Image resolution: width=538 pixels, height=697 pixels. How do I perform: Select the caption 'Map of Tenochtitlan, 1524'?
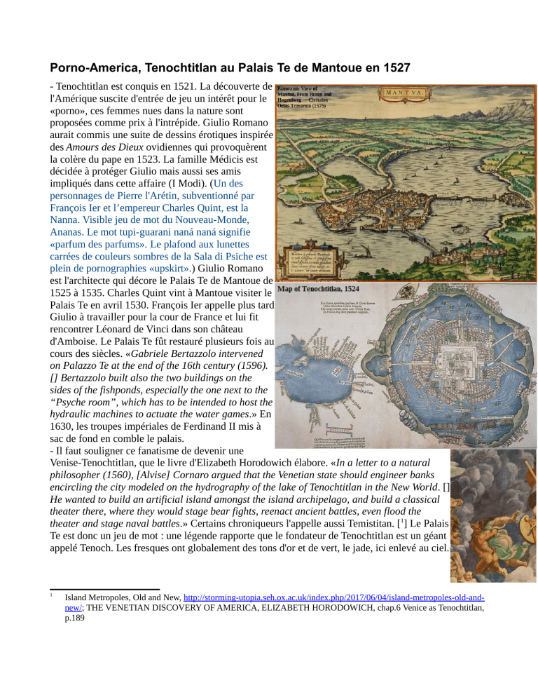coord(319,289)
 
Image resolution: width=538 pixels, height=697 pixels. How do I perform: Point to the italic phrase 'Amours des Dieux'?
coord(105,149)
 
